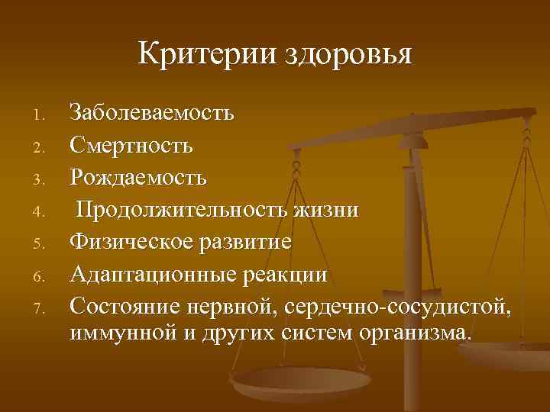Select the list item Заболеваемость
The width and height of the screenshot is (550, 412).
[x=152, y=114]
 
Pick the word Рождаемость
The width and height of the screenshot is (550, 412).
[x=138, y=178]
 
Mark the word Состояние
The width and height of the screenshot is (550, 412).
[x=127, y=306]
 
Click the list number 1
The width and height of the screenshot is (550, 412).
[x=43, y=116]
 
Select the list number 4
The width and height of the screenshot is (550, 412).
[x=43, y=212]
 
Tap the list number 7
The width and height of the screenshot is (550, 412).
[x=43, y=308]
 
